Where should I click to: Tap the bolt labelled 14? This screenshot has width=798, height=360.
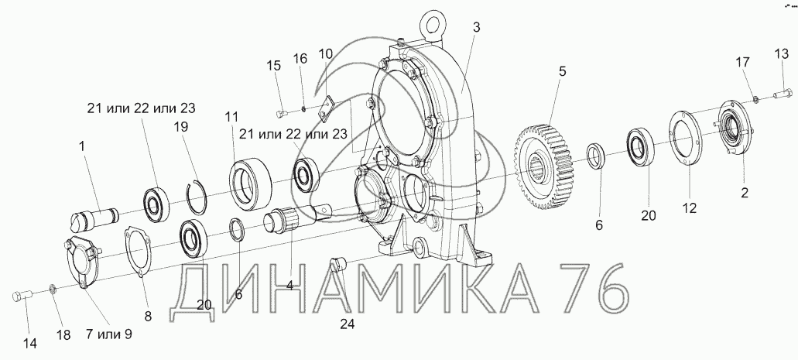click(22, 295)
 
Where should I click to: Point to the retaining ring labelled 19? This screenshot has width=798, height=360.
click(195, 202)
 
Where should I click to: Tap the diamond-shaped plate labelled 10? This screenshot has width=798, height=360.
click(324, 108)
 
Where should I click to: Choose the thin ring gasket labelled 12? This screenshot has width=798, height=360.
click(683, 138)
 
